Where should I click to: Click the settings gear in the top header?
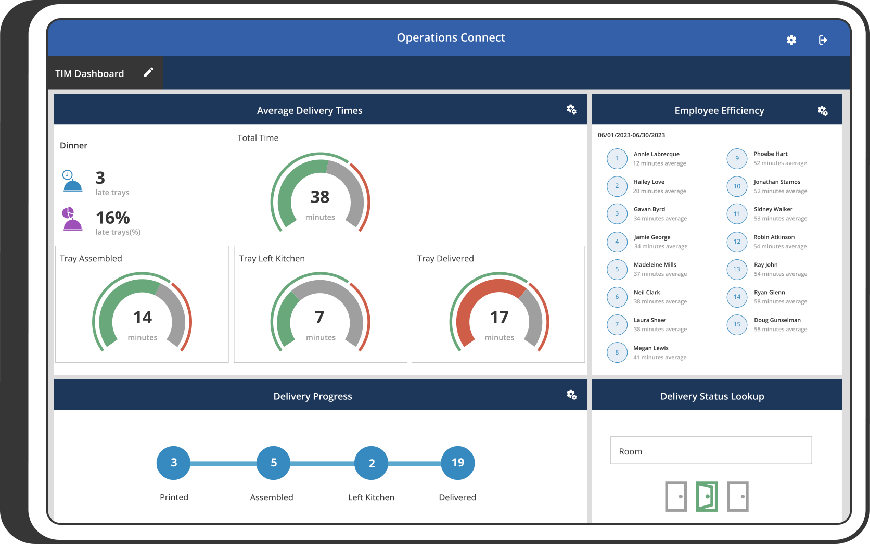pyautogui.click(x=791, y=40)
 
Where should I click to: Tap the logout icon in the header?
pyautogui.click(x=823, y=40)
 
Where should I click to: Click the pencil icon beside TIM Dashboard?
pyautogui.click(x=148, y=72)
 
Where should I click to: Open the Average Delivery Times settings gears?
pyautogui.click(x=571, y=109)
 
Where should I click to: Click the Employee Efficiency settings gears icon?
pyautogui.click(x=822, y=110)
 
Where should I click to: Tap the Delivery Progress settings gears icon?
pyautogui.click(x=571, y=395)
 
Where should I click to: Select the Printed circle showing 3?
pyautogui.click(x=173, y=463)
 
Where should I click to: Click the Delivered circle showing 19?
pyautogui.click(x=457, y=463)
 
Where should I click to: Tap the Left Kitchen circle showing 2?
pyautogui.click(x=371, y=463)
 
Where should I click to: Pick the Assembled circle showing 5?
pyautogui.click(x=273, y=463)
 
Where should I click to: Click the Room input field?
pyautogui.click(x=710, y=450)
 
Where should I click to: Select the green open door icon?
pyautogui.click(x=707, y=496)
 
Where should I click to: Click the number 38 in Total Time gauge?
pyautogui.click(x=319, y=197)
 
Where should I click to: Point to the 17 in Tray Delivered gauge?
pyautogui.click(x=499, y=317)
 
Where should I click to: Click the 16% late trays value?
pyautogui.click(x=112, y=218)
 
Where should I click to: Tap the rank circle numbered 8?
pyautogui.click(x=617, y=352)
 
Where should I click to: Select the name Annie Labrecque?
pyautogui.click(x=656, y=154)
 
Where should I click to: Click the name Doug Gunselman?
pyautogui.click(x=777, y=320)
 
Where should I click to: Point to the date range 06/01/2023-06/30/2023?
pyautogui.click(x=631, y=135)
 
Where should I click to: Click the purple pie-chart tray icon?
pyautogui.click(x=72, y=219)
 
